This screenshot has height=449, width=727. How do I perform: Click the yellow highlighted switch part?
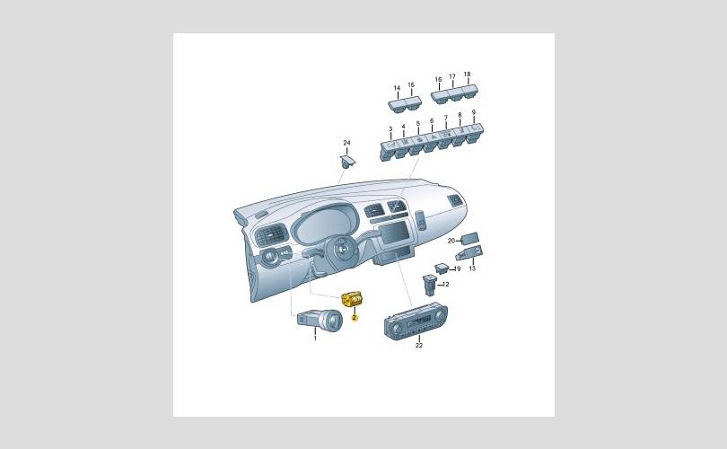tap(352, 300)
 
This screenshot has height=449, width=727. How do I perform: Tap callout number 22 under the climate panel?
tap(418, 346)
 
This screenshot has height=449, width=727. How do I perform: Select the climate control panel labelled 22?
tap(416, 321)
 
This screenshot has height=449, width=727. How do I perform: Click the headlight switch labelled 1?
tap(320, 319)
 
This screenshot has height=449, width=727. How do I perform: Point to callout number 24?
tap(346, 143)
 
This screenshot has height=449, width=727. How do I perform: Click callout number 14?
tap(397, 88)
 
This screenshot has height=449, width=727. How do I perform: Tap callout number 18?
tap(467, 75)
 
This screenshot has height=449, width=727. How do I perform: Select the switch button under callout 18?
tap(469, 91)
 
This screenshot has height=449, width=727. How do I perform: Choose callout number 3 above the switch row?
tap(390, 129)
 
